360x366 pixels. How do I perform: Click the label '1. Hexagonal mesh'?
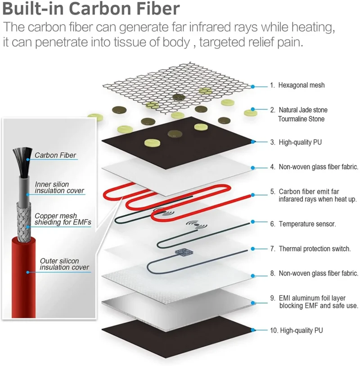coord(297,85)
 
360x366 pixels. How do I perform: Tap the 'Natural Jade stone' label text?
coord(303,110)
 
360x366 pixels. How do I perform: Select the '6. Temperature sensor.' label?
coord(303,224)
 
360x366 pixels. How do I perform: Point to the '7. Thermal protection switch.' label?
coord(310,249)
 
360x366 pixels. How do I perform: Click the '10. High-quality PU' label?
coord(297,330)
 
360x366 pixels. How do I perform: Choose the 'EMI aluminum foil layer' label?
coord(312,298)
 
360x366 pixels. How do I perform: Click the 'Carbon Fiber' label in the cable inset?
coord(55,155)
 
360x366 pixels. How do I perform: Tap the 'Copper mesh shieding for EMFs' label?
coord(63,219)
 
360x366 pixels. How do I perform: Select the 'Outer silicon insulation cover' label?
coord(64,264)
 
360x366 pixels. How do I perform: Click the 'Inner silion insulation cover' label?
coord(59,187)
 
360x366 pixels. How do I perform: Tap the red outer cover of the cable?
coord(23,278)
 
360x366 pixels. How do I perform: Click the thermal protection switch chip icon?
coord(184,252)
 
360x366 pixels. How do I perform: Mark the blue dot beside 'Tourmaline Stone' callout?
coord(253,109)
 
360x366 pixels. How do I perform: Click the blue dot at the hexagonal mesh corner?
coord(253,87)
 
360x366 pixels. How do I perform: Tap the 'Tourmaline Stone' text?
coord(301,119)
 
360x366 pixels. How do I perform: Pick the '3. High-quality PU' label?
coord(296,143)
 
